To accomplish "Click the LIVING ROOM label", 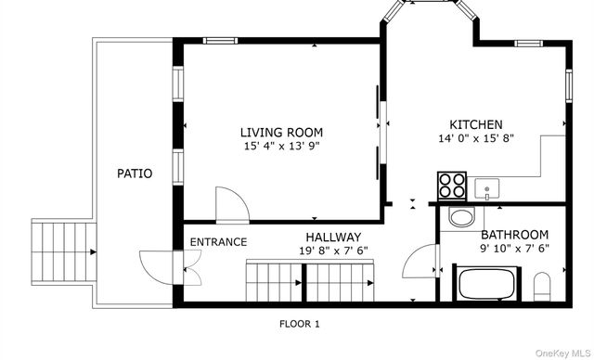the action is [x=281, y=133].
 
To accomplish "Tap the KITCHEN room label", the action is [x=476, y=124].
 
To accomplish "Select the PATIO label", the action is [x=135, y=174].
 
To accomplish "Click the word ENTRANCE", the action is [x=218, y=242].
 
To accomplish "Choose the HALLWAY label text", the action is [x=333, y=238].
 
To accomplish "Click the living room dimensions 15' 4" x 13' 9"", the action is [x=282, y=146].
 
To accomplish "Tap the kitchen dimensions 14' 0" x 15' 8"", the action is [x=476, y=138].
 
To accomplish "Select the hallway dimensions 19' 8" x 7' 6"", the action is [x=333, y=251].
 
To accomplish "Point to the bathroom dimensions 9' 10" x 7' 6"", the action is [x=514, y=249].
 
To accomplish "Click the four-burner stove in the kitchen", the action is [x=452, y=186].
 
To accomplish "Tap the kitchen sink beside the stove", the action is [x=486, y=189].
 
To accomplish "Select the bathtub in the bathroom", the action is [x=486, y=284].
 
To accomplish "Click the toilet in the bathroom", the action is [x=542, y=287].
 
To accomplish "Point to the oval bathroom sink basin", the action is [x=461, y=217].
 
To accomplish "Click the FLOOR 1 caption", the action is [x=300, y=324].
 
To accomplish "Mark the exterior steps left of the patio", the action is [x=64, y=252].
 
